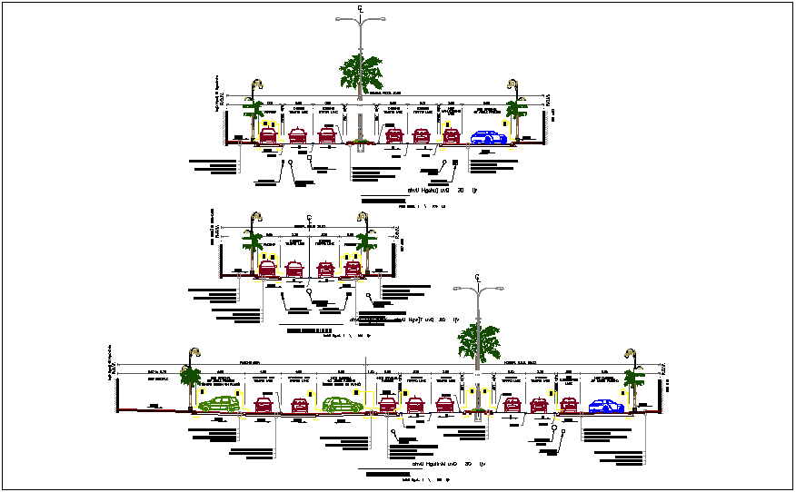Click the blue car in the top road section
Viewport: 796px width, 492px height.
pos(489,137)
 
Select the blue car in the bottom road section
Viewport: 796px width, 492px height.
pos(606,407)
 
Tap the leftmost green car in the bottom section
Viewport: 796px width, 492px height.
pos(221,405)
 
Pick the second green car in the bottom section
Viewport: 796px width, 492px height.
pos(342,405)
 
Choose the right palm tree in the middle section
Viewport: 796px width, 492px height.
pos(366,242)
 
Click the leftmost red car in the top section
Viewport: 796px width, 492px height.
pos(268,136)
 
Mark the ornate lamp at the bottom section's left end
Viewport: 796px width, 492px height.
pos(192,354)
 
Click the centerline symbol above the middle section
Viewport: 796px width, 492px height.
pos(310,217)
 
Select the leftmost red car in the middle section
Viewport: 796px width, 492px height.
pos(268,269)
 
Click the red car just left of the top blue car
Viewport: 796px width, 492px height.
pos(451,136)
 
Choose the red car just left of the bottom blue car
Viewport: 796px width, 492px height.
pos(568,405)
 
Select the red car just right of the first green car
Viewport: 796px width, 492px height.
pos(264,405)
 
